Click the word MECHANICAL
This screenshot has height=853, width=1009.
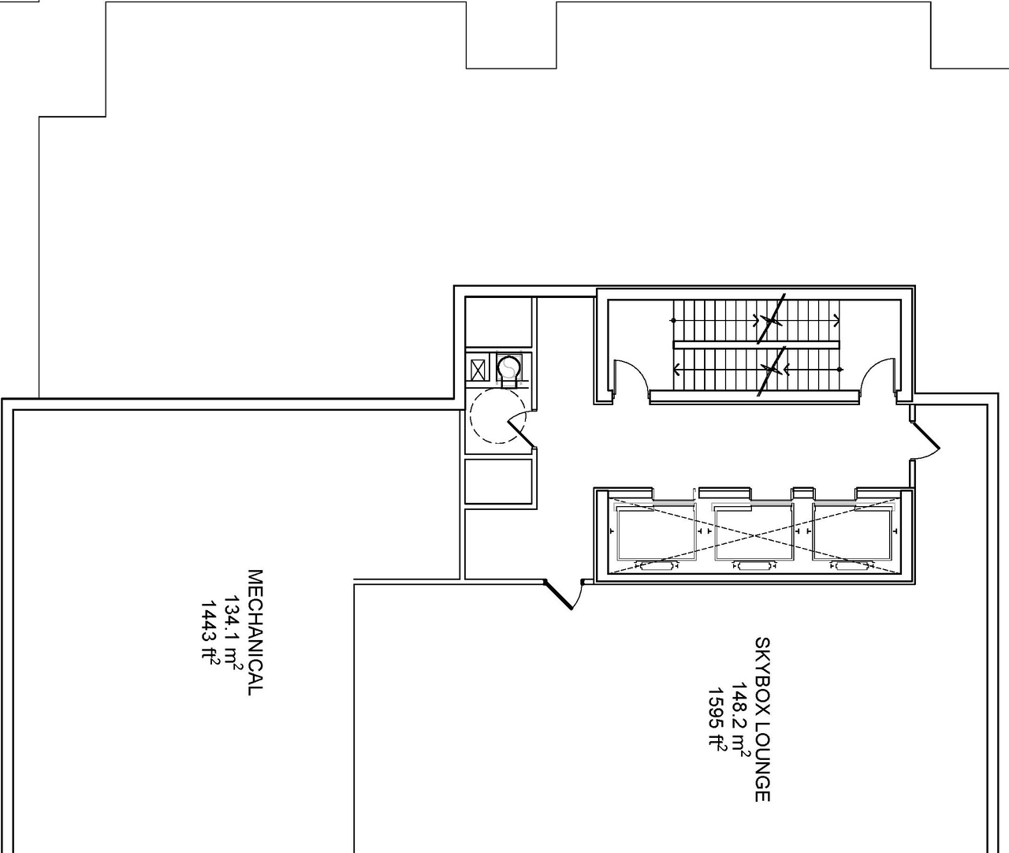pos(254,632)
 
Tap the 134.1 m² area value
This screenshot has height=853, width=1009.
pos(233,632)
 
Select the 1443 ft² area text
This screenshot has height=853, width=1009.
pos(210,632)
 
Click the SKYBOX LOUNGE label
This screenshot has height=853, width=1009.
pos(761,719)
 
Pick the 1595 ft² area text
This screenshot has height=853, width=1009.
pos(717,719)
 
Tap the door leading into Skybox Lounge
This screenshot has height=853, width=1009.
pos(561,595)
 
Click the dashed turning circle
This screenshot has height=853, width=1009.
pos(495,415)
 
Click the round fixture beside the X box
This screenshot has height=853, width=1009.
pos(510,367)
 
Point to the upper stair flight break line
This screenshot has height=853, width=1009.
pos(771,319)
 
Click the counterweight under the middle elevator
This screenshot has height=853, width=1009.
pos(752,565)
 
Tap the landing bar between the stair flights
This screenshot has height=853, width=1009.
pos(755,345)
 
